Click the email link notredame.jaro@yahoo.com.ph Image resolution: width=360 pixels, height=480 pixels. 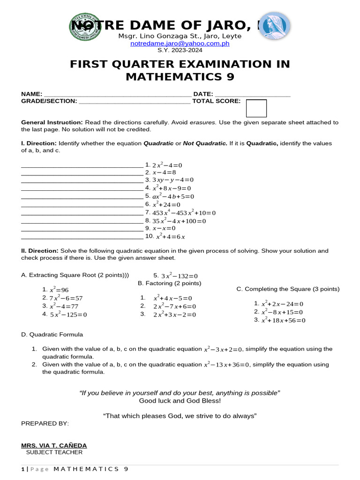click(x=180, y=43)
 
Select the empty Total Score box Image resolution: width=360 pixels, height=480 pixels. click(x=256, y=108)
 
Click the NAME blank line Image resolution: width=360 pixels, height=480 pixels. click(x=118, y=94)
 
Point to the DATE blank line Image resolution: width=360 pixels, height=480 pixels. click(x=253, y=94)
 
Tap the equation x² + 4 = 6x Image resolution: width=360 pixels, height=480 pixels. click(x=170, y=237)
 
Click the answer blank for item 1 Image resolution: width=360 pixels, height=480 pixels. click(x=82, y=165)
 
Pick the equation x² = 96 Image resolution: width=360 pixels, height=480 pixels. click(x=59, y=290)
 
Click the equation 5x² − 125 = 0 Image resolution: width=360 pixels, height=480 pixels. click(x=68, y=315)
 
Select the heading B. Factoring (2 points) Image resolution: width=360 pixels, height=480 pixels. click(x=169, y=283)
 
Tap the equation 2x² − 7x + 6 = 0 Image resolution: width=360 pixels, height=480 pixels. click(x=174, y=307)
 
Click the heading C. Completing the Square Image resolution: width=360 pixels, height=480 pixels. click(x=288, y=289)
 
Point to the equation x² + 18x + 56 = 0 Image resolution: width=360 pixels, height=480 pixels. click(x=283, y=321)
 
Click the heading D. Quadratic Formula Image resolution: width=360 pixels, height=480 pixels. click(x=52, y=335)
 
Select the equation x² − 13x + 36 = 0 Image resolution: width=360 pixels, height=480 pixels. click(x=227, y=365)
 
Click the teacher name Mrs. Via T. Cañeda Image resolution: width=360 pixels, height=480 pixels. click(x=54, y=445)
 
